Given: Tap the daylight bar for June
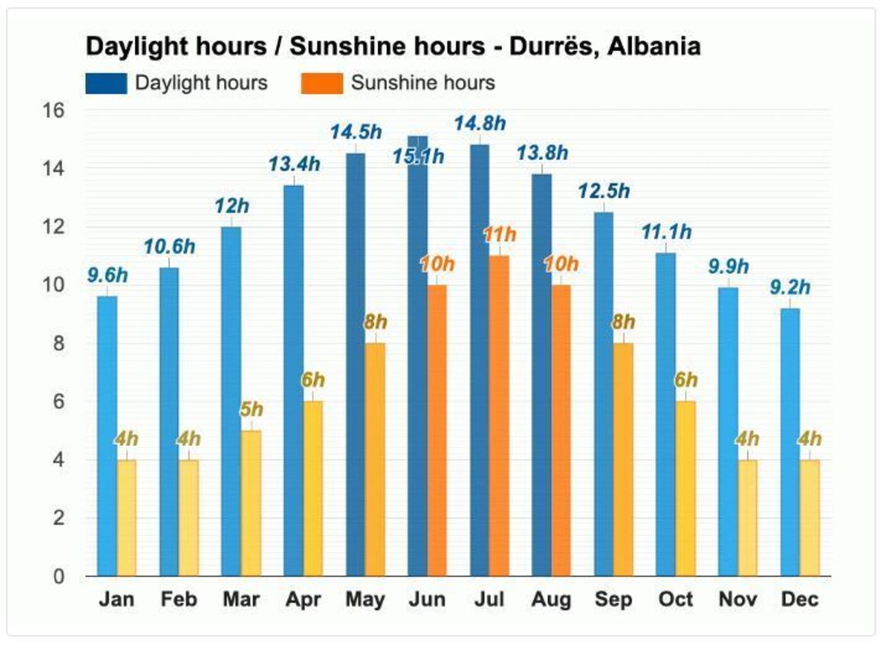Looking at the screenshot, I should (x=417, y=377).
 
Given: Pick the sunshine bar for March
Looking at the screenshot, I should (x=250, y=503).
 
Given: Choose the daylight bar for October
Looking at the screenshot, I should (x=665, y=414).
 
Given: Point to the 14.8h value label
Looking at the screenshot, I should (x=480, y=124).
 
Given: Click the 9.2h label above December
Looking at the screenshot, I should (x=790, y=287).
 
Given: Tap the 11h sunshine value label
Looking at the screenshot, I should (x=500, y=235).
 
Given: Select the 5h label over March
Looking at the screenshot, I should (x=251, y=409).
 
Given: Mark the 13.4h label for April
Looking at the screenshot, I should (x=294, y=165).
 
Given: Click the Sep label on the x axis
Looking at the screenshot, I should (x=613, y=599).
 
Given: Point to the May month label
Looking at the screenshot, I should (x=365, y=599).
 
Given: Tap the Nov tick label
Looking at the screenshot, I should (x=738, y=599).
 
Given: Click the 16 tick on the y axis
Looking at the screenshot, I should (x=53, y=111).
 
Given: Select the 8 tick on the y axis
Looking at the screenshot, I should (x=59, y=343).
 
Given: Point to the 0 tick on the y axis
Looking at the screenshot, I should (x=59, y=576).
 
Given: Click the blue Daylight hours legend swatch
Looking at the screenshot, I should (x=106, y=83).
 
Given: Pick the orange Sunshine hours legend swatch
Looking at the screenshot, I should (x=322, y=83).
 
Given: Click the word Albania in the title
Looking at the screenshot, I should (x=654, y=47).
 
